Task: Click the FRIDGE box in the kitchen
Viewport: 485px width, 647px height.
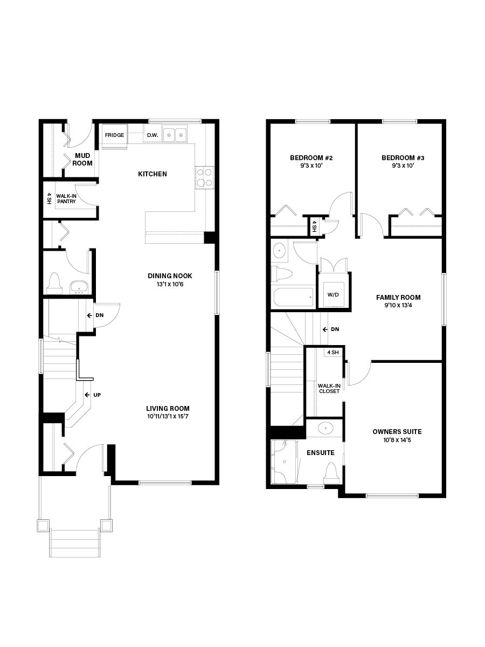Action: click(x=115, y=135)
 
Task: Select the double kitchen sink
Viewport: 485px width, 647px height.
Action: click(x=175, y=134)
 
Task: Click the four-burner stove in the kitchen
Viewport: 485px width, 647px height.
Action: click(x=205, y=177)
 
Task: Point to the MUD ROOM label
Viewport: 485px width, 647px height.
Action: click(x=83, y=159)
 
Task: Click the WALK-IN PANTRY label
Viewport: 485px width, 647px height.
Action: click(x=66, y=199)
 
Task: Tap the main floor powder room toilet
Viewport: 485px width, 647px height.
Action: click(x=54, y=283)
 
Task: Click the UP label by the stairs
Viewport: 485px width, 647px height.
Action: click(x=97, y=395)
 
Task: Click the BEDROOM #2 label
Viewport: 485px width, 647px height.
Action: click(x=311, y=158)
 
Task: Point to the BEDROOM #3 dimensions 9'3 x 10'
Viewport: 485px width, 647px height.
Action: click(x=403, y=166)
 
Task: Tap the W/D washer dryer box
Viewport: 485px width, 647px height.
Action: click(x=334, y=295)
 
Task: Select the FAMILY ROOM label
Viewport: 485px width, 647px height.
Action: click(x=398, y=297)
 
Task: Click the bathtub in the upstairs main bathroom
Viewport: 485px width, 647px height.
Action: click(x=292, y=297)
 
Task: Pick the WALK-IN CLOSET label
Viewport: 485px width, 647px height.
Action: click(x=329, y=388)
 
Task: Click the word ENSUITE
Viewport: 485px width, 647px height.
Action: click(x=321, y=453)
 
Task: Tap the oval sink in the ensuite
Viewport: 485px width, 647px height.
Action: click(x=325, y=429)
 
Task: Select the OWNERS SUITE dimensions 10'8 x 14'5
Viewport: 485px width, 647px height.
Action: click(x=397, y=440)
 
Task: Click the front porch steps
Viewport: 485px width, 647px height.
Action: click(x=75, y=543)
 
